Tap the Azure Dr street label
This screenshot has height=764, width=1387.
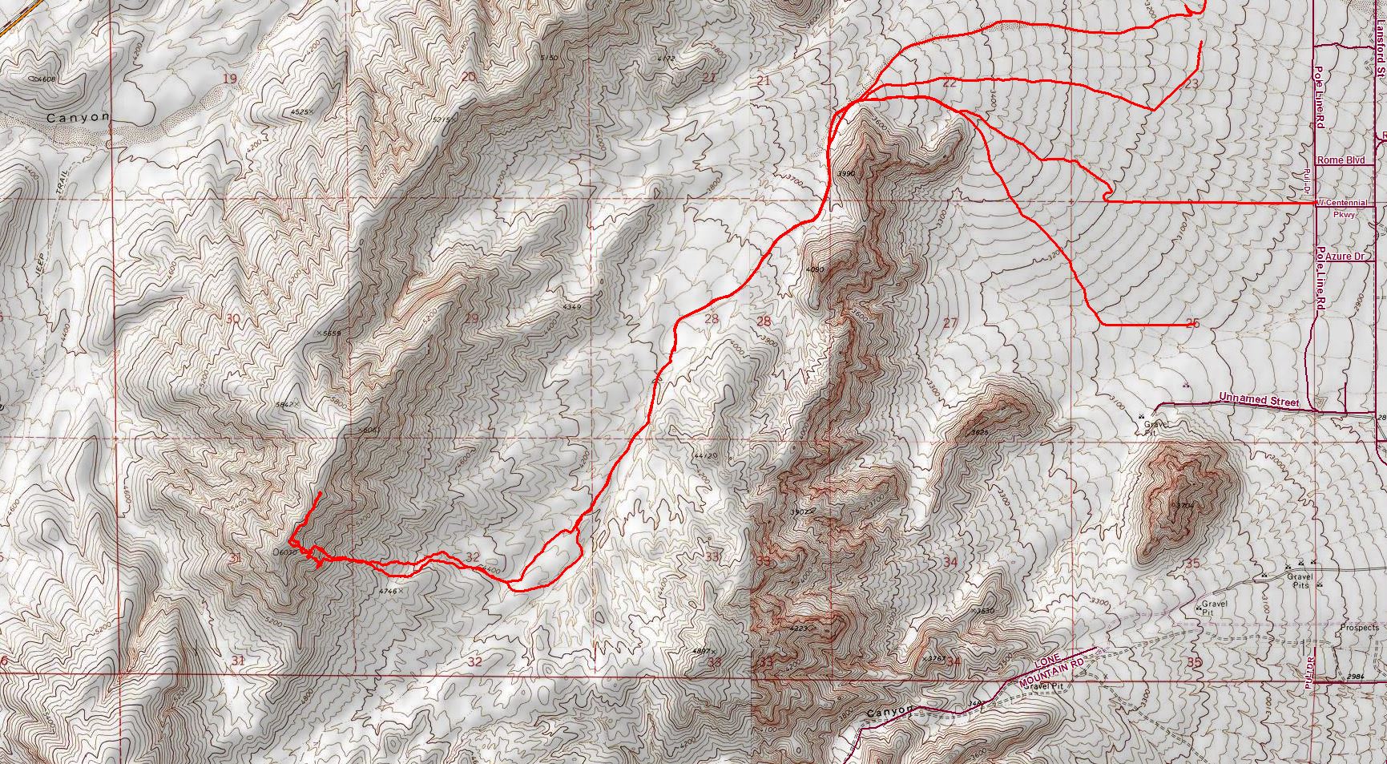(x=1345, y=257)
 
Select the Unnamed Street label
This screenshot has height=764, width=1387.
(x=1258, y=398)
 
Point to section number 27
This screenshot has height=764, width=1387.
(x=950, y=323)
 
